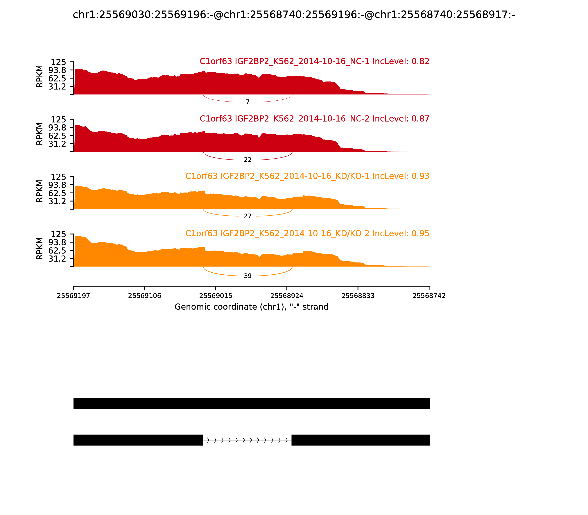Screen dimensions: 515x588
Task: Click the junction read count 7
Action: (248, 102)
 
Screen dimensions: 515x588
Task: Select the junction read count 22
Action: (248, 160)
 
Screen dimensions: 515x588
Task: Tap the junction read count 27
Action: (248, 216)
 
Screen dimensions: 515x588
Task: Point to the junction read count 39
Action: (248, 276)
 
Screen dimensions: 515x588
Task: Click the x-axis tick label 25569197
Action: (73, 296)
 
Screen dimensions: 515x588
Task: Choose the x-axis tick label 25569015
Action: (216, 296)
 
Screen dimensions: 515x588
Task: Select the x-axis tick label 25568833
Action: (358, 296)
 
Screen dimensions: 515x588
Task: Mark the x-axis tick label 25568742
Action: (429, 296)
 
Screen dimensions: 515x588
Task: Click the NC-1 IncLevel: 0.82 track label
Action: (314, 61)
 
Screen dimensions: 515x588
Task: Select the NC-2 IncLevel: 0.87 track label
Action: (314, 119)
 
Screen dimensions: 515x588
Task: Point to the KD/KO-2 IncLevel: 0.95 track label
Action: (307, 233)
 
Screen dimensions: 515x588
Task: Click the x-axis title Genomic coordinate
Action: (251, 307)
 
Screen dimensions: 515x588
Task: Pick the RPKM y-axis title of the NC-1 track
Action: (40, 77)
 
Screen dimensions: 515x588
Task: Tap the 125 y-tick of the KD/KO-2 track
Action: (58, 234)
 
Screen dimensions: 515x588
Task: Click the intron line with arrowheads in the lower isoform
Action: (247, 440)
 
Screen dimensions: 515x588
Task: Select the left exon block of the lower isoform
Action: (138, 440)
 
